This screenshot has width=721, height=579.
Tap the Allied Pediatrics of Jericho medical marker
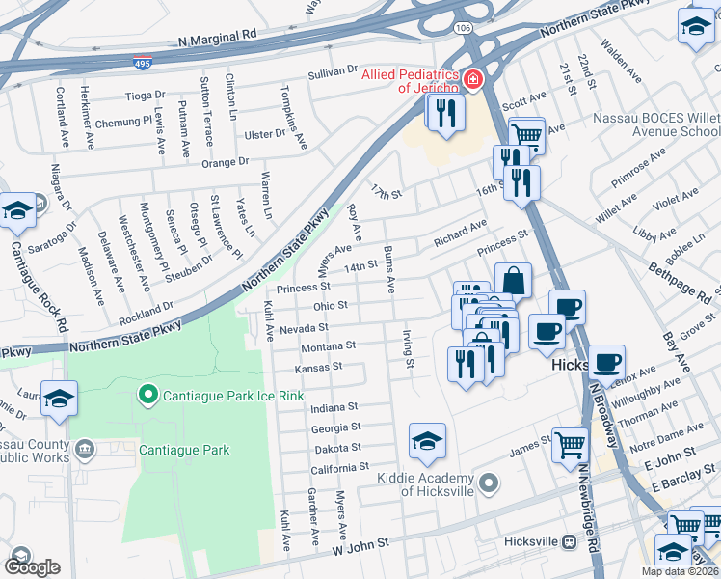click(x=472, y=80)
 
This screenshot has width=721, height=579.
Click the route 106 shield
click(x=465, y=28)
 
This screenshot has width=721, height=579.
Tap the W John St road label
click(x=361, y=545)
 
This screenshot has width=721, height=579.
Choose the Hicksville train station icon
click(x=570, y=541)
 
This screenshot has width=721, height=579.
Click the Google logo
click(x=32, y=566)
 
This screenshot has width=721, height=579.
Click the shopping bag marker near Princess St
click(x=514, y=281)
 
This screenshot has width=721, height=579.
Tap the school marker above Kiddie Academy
click(x=427, y=442)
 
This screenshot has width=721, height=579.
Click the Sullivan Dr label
click(x=333, y=72)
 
